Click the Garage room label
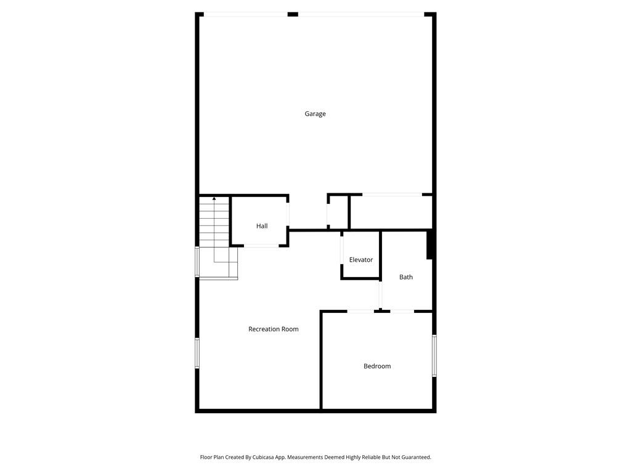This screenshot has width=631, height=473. click(x=315, y=113)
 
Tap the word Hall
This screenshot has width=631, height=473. click(x=262, y=226)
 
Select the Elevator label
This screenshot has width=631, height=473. click(x=361, y=260)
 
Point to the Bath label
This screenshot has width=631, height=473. click(x=406, y=277)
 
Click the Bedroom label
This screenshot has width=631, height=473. click(x=377, y=366)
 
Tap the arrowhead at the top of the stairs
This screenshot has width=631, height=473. click(x=214, y=198)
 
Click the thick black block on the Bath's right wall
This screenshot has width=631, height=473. click(x=430, y=245)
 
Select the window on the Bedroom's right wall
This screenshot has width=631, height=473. click(x=434, y=355)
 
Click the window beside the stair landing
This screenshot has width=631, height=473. click(x=197, y=262)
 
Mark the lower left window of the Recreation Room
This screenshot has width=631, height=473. click(x=197, y=353)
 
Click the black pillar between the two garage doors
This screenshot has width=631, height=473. click(x=293, y=14)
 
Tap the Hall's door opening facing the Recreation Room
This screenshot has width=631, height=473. click(x=261, y=246)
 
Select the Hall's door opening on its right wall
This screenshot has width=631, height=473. click(x=288, y=212)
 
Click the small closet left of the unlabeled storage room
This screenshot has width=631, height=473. click(x=338, y=212)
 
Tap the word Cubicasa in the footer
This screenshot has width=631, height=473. click(x=266, y=457)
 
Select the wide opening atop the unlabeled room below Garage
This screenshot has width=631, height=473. click(x=392, y=195)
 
